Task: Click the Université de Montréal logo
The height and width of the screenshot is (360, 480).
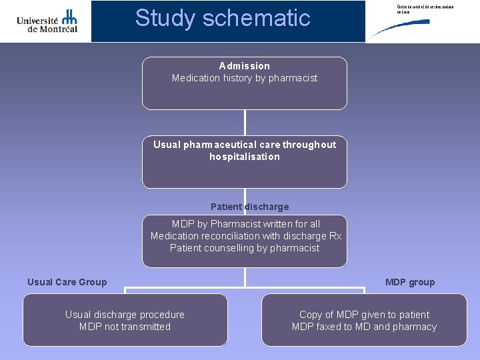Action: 47,21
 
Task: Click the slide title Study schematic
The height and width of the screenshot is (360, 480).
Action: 223,18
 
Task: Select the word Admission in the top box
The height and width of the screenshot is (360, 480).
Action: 245,66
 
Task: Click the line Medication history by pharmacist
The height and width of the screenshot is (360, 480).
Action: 245,78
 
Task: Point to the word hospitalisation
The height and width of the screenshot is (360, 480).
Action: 245,157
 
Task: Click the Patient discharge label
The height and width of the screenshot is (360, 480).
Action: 249,207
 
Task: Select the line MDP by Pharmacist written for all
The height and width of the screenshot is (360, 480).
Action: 245,224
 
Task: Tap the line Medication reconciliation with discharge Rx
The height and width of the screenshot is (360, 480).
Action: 245,236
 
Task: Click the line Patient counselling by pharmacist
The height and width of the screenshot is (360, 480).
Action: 245,248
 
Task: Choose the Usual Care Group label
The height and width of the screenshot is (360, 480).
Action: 67,282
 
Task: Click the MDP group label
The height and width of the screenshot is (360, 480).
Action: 409,282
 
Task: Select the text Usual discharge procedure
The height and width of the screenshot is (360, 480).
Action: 125,315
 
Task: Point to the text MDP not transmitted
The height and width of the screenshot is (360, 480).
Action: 125,327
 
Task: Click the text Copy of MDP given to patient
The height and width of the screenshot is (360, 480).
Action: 364,315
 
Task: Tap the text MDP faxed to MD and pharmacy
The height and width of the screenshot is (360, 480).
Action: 364,327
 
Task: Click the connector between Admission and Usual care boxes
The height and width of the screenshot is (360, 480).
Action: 245,123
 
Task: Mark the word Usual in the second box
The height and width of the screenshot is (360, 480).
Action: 167,145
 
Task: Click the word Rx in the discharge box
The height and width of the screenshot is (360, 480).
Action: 335,236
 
